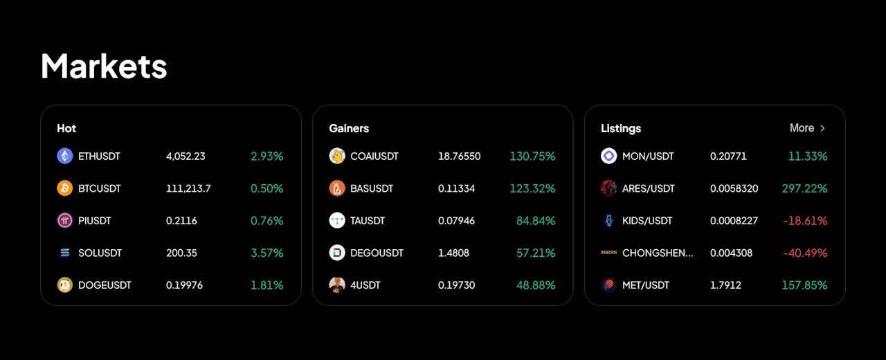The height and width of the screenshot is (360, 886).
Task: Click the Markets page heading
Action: pos(104,67)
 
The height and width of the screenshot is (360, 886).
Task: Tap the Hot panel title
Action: pos(66,128)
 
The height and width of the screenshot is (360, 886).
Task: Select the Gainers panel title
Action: pos(349,128)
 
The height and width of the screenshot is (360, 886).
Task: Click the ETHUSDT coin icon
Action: pos(65,156)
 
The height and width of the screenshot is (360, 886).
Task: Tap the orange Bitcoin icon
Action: pos(65,188)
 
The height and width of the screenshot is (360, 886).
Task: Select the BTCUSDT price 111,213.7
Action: pos(188,188)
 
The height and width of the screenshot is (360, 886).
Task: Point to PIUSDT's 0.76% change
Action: pos(267,221)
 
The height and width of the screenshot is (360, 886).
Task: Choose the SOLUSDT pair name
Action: pos(100,253)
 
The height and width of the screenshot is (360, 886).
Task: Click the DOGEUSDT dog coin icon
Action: pos(65,285)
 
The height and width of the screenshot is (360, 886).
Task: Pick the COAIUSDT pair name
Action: pos(374,156)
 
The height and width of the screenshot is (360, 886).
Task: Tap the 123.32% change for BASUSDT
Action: pos(532,188)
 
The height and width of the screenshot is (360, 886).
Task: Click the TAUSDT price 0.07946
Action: pos(457,221)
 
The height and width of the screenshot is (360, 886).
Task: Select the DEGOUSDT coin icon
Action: pos(337,253)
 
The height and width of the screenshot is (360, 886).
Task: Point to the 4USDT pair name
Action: pos(365,285)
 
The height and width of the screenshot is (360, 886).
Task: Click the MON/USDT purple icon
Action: pos(609,156)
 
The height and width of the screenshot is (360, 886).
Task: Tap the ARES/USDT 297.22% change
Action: pos(804,188)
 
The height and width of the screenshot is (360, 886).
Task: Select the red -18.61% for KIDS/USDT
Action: pos(805,221)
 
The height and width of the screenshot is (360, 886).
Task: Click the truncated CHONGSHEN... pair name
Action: pos(658,253)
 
